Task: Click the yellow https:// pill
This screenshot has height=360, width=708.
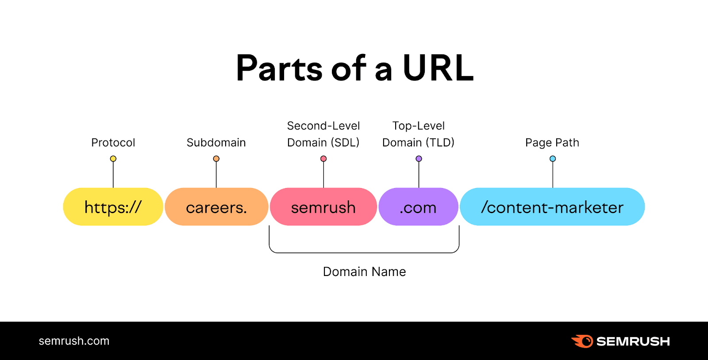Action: coord(113,207)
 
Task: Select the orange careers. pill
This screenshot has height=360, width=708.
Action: coord(216,207)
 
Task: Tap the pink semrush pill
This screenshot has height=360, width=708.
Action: coord(323,207)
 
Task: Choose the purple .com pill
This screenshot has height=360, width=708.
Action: coord(418,207)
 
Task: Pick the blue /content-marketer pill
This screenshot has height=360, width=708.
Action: coord(552,207)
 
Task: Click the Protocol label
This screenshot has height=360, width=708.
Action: coord(113,143)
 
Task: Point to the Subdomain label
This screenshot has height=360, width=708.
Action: coord(216,143)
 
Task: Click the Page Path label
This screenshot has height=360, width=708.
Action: coord(552,143)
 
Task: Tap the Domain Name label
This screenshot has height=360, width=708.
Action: coord(364,272)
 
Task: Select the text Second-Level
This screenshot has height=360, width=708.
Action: coord(323,126)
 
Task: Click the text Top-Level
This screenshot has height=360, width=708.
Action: coord(419,126)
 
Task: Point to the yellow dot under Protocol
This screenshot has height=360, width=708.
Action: coord(113,159)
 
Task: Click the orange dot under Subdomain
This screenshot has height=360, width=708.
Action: coord(216,159)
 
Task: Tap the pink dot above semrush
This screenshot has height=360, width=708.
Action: coord(323,159)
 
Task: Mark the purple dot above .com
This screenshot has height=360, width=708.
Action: coord(419,159)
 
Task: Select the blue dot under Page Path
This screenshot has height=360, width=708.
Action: coord(553,159)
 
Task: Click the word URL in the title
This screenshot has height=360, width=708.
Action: coord(438,69)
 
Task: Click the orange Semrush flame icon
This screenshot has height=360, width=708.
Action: coord(582,341)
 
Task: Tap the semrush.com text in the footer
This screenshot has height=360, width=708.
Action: coord(74,341)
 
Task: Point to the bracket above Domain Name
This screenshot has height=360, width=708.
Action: coord(364,253)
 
